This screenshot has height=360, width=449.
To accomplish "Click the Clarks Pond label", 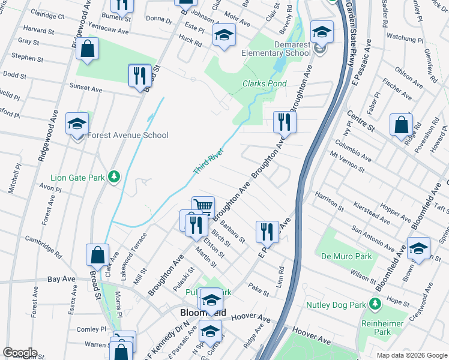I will click(x=264, y=84).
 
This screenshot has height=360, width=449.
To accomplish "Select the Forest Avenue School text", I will click(x=128, y=135).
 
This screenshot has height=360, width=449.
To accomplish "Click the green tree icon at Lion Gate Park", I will click(x=113, y=177).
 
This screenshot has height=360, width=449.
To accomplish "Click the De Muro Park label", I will click(x=346, y=256).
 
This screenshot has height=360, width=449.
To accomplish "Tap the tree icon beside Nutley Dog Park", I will click(x=375, y=305).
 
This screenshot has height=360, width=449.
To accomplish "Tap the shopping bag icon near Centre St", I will click(x=400, y=125).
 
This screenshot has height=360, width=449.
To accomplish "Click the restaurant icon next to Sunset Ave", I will click(x=139, y=75).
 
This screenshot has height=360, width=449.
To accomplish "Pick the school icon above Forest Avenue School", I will click(x=77, y=124).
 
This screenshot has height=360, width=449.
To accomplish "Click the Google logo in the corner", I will click(x=19, y=353).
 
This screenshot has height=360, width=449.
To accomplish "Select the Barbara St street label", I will click(x=232, y=231).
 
